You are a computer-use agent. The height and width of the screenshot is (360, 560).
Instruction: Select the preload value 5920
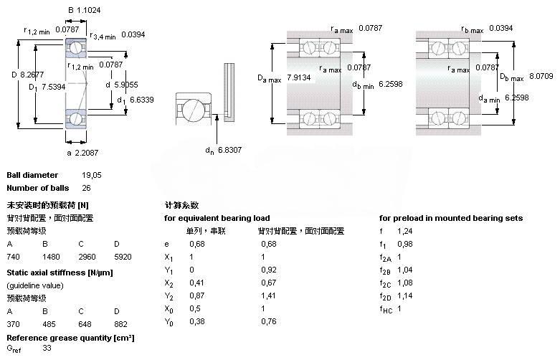pyautogui.click(x=123, y=257)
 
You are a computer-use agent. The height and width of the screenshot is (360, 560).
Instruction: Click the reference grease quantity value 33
pyautogui.click(x=47, y=349)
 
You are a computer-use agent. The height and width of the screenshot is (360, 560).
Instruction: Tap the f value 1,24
pyautogui.click(x=404, y=231)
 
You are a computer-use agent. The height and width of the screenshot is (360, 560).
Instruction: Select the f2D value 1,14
pyautogui.click(x=404, y=295)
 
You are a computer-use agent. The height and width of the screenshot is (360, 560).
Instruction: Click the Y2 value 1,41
pyautogui.click(x=268, y=295)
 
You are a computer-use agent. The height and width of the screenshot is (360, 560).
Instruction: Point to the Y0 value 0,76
pyautogui.click(x=268, y=321)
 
